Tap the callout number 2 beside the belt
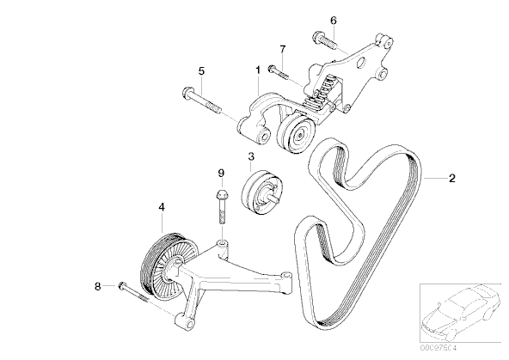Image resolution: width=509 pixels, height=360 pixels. [x=452, y=179]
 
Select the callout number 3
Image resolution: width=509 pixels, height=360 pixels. [x=250, y=156]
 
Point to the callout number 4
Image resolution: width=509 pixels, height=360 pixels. [x=160, y=207]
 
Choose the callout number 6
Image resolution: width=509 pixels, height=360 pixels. [x=334, y=20]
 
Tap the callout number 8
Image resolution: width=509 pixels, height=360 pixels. [x=97, y=285]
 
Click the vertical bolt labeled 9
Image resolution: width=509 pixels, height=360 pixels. [x=220, y=211]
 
